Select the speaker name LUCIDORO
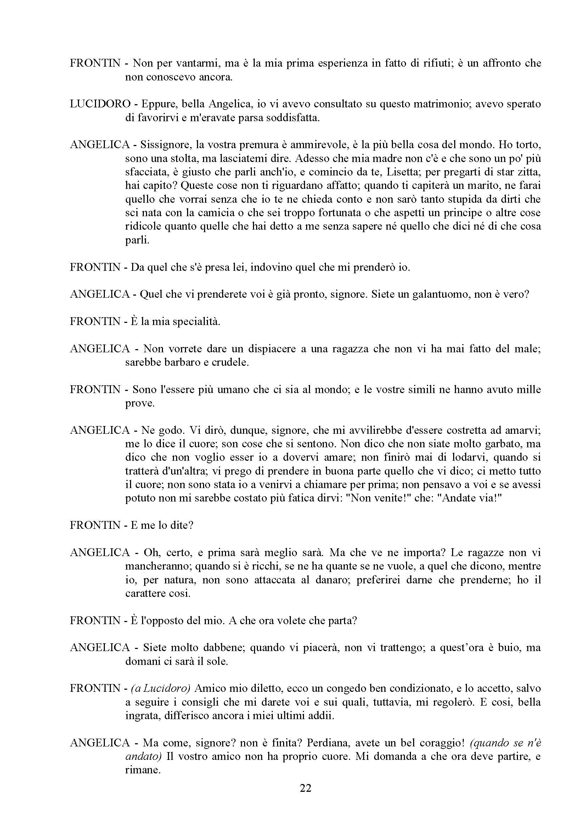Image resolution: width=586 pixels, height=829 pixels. click(100, 104)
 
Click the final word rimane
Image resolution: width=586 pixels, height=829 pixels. click(142, 770)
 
